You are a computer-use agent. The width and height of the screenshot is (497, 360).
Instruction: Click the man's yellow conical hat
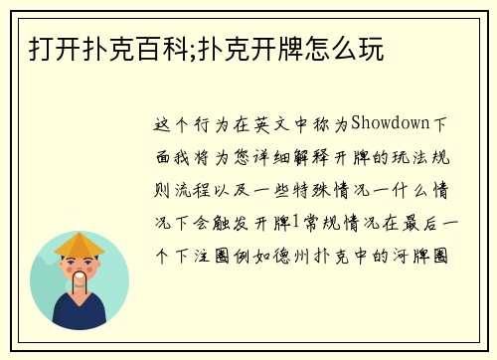click(79, 243)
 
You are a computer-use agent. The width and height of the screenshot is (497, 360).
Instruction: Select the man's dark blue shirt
click(79, 316)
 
